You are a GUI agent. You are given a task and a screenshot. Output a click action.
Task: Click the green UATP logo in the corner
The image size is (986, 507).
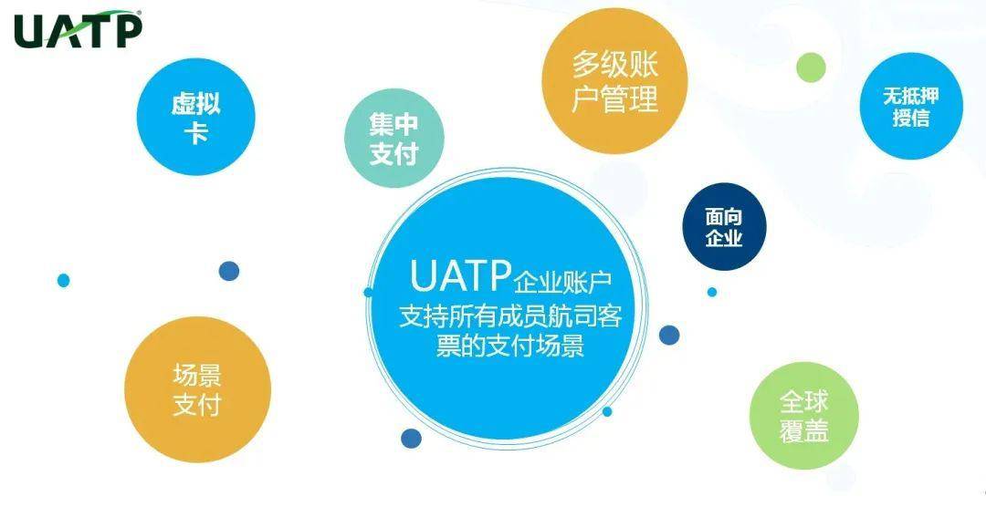coord(78,30)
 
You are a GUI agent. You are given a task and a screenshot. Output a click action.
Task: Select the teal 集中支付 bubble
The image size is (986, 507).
coord(393,140)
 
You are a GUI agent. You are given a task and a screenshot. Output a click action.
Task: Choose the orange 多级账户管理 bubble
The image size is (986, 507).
coord(614,81)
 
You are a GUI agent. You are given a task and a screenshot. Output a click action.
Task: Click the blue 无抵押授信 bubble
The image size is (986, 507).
coord(910,107)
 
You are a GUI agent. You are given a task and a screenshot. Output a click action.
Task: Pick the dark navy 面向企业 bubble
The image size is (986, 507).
coord(724,227)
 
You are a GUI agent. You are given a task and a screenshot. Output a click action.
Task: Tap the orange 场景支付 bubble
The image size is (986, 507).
coord(197,389)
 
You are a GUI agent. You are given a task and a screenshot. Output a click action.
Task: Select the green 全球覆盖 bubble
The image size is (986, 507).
coord(804,417)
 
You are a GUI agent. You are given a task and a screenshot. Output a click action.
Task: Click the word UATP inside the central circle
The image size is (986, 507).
coord(460,274)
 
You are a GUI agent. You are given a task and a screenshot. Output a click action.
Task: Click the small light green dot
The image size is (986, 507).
coord(810,66)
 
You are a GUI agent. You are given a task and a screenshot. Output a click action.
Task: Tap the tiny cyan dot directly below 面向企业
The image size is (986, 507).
coord(712,292)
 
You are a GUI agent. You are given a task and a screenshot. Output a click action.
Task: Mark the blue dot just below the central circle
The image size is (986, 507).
coord(412,439)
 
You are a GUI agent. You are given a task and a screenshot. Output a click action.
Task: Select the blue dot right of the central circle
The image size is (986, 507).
coord(669,335)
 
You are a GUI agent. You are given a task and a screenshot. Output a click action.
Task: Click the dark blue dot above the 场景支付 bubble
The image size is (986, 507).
coord(229,271)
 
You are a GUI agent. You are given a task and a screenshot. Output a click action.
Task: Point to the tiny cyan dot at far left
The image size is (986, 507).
coord(63,281)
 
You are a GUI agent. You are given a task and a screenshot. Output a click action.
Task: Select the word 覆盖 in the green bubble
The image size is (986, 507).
coord(804,431)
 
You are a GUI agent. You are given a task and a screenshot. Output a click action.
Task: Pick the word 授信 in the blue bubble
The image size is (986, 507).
coord(910,119)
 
